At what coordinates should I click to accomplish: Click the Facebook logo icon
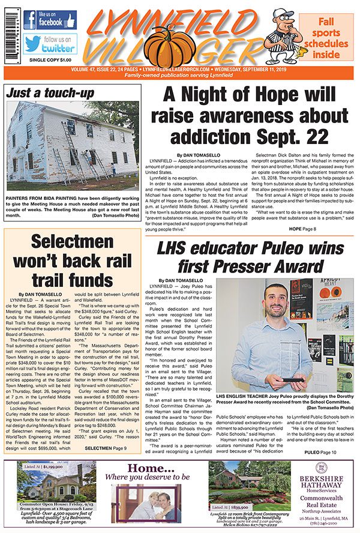click(x=29, y=20)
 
